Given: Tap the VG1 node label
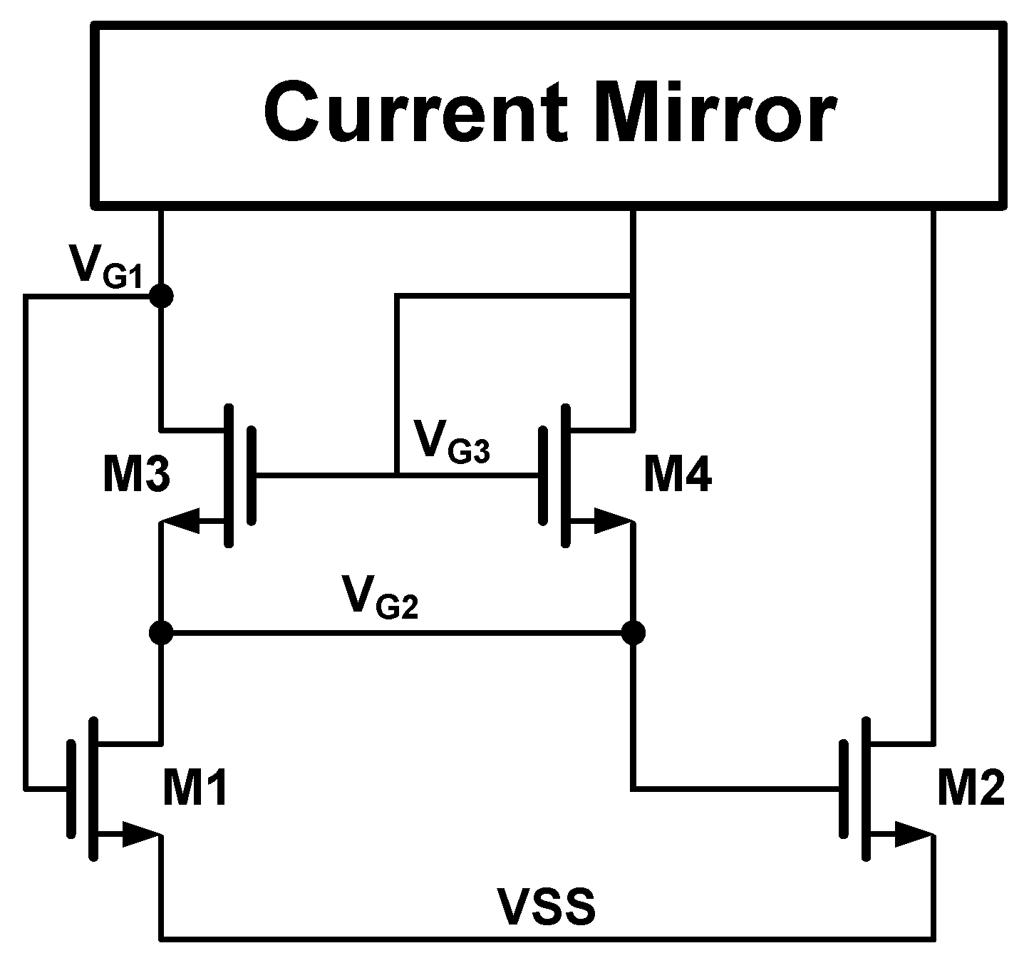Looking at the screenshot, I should click(106, 267).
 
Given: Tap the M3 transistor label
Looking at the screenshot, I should click(136, 476).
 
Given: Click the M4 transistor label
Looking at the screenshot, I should click(677, 476).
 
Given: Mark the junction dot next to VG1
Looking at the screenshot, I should click(162, 296).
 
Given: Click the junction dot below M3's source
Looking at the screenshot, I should click(162, 632).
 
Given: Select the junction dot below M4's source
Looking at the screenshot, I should click(633, 632).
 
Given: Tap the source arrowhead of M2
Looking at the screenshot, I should click(912, 834).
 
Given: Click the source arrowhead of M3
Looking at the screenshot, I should click(182, 523).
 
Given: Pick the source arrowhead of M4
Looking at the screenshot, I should click(611, 523).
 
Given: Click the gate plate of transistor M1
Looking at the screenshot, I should click(71, 788).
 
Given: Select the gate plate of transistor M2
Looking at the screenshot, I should click(844, 788).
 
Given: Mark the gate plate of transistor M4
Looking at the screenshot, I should click(544, 475).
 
